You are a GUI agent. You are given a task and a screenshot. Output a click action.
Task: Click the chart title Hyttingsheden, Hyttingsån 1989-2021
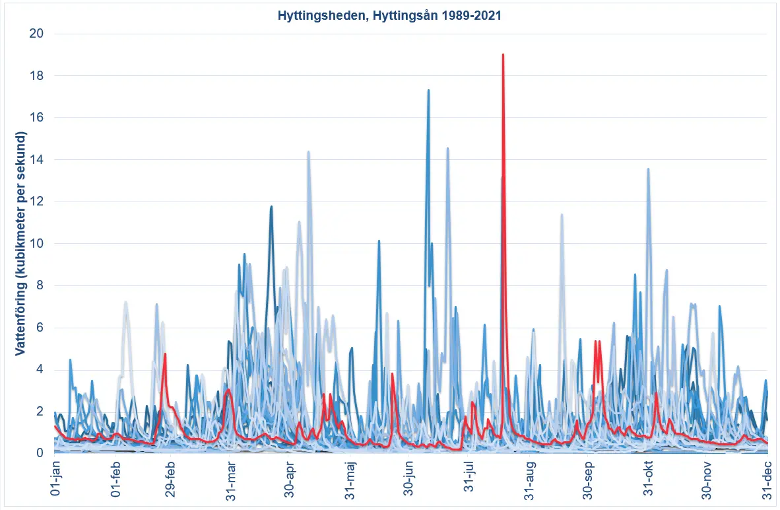[389, 17]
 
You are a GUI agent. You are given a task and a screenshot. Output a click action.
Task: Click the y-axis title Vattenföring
[20, 244]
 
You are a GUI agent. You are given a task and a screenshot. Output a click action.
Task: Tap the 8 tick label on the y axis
[41, 285]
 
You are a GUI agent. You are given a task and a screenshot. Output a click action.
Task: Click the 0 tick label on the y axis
[41, 453]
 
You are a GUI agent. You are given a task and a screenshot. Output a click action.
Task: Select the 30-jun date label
[410, 482]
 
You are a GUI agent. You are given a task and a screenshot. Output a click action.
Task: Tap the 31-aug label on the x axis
[530, 482]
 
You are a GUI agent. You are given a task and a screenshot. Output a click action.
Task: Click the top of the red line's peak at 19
[503, 55]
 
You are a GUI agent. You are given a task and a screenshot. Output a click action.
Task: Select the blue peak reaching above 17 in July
[428, 91]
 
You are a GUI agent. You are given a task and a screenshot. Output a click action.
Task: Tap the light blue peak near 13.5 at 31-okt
[648, 169]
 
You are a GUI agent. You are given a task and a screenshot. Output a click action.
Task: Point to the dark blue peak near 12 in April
[271, 207]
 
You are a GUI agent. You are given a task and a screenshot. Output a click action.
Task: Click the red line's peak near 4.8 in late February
[165, 354]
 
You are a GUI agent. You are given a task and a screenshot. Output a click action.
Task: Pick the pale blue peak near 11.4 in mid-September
[562, 215]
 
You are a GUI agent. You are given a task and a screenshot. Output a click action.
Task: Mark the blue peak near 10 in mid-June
[379, 241]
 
